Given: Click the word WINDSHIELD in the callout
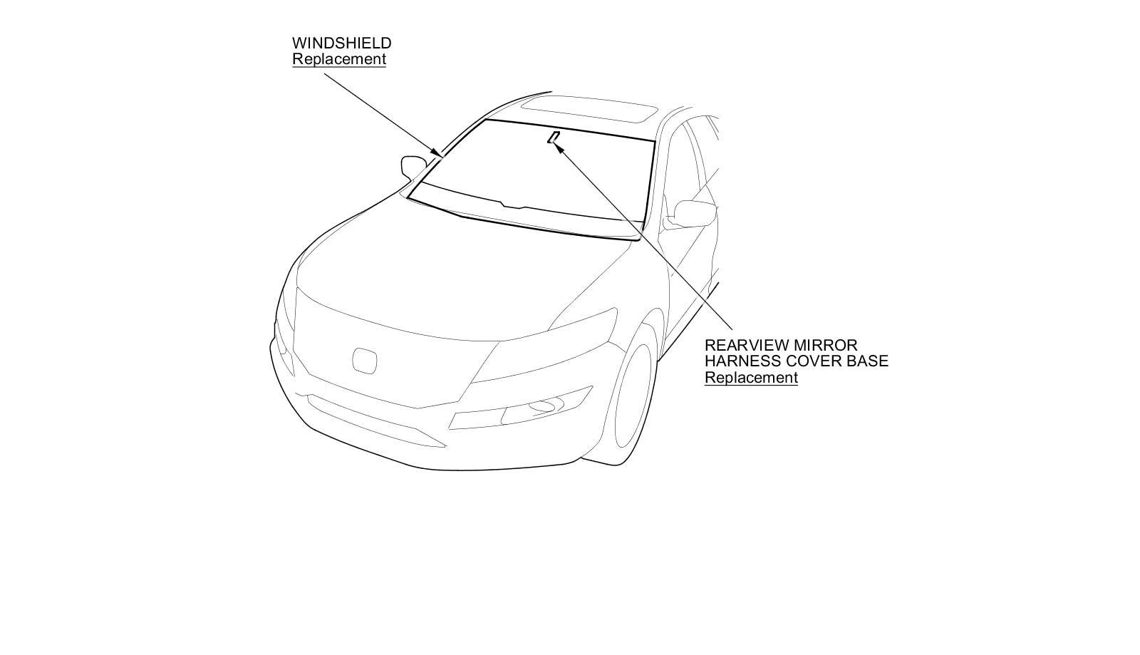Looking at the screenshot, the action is (341, 43).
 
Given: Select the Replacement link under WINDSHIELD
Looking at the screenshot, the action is (338, 59).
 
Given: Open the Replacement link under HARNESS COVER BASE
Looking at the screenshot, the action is (751, 378).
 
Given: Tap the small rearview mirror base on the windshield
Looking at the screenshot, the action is (553, 137).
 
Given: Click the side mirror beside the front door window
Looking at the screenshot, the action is (693, 212).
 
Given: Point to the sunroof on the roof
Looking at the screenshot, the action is (589, 110).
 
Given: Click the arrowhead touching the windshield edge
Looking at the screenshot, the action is (436, 151).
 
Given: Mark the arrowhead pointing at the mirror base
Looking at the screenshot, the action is (560, 148).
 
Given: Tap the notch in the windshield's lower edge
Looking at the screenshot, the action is (513, 206).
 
